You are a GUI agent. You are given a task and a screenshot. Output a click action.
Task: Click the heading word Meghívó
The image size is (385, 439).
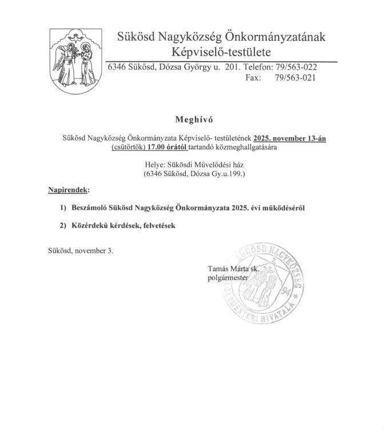tap(192, 119)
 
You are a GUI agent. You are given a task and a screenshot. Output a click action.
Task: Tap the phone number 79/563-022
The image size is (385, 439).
tap(296, 67)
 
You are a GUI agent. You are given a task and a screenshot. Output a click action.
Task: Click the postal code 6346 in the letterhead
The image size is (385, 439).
tap(118, 67)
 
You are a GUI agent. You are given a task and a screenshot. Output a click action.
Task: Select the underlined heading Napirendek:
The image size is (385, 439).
tap(68, 189)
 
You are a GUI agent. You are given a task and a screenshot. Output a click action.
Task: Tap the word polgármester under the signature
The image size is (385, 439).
tap(229, 278)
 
